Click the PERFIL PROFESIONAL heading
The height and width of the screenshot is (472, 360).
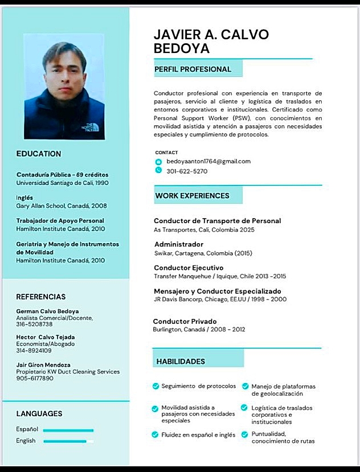[193, 69]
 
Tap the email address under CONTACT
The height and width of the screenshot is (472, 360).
[208, 161]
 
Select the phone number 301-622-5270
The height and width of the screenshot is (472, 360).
[187, 171]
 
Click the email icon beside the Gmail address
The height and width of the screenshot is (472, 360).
[158, 162]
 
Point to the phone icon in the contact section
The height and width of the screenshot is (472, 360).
[158, 170]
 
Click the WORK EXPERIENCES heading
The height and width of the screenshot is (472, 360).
[192, 196]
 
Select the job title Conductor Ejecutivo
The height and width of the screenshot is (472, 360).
[189, 268]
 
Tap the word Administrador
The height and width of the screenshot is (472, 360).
[178, 244]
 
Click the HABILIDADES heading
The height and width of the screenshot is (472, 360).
[181, 362]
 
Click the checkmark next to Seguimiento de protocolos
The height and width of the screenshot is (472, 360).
[156, 386]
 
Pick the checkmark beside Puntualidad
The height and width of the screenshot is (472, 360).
[244, 434]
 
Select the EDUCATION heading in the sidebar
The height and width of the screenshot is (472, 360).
[39, 154]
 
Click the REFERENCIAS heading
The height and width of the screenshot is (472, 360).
[41, 297]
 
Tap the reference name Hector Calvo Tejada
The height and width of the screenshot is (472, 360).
[46, 337]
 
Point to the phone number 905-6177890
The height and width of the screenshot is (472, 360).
[35, 378]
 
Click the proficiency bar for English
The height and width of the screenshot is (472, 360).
[68, 441]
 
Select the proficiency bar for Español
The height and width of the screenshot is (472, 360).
[68, 430]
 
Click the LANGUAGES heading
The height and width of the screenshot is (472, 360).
[39, 414]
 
